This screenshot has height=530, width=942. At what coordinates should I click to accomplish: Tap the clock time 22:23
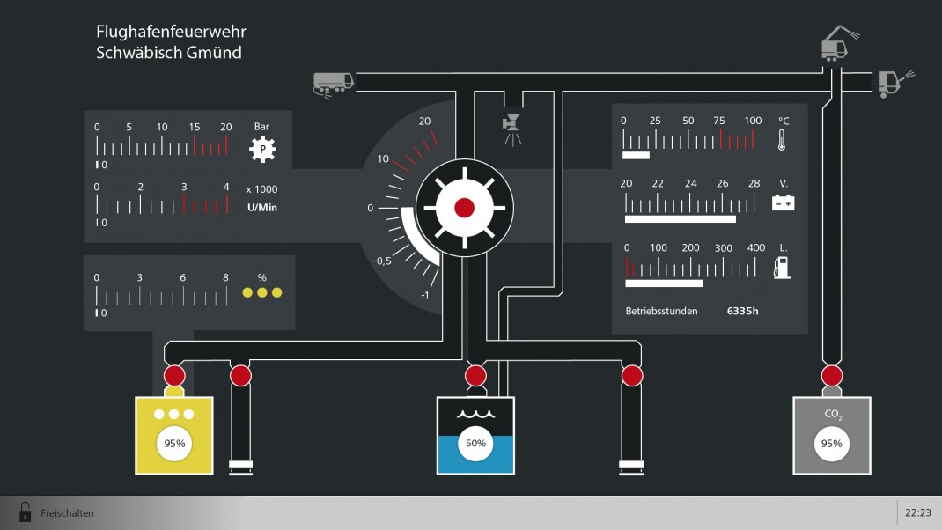click(x=917, y=512)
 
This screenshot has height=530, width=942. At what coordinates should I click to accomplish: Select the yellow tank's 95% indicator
click(x=174, y=444)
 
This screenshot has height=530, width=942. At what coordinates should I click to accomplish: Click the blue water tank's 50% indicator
click(x=475, y=444)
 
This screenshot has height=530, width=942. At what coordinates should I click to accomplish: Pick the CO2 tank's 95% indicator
click(x=831, y=444)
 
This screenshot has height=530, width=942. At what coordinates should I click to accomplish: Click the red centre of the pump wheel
click(x=464, y=208)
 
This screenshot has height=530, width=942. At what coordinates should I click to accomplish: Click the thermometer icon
click(x=781, y=139)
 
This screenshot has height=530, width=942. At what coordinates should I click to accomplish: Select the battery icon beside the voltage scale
click(x=783, y=203)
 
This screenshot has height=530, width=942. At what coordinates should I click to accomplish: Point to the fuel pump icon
click(x=782, y=268)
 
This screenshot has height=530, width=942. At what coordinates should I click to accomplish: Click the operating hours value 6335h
click(x=742, y=311)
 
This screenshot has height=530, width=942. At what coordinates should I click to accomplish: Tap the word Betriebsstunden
click(x=661, y=311)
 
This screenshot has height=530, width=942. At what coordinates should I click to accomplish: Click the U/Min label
click(x=262, y=207)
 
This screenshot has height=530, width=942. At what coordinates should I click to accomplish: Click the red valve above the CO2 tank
click(x=832, y=376)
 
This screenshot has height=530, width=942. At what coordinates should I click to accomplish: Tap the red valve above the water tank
click(x=475, y=376)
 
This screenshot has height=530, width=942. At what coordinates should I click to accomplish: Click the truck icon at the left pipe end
click(x=334, y=84)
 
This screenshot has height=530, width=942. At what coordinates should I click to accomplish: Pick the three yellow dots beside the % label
click(x=261, y=292)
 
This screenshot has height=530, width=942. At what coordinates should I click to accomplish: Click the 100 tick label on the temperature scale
click(x=753, y=121)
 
